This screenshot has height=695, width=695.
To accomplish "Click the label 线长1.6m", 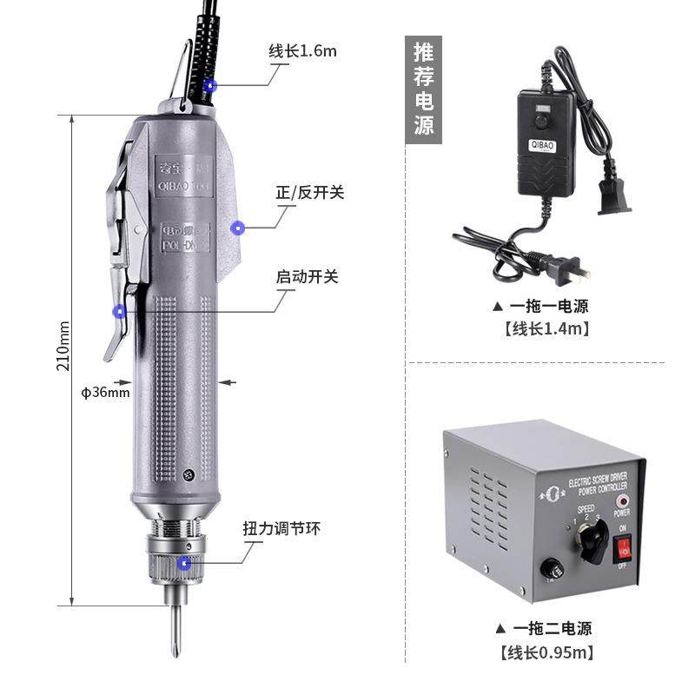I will click(x=301, y=50).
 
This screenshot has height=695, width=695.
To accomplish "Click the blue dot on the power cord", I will click(x=209, y=85).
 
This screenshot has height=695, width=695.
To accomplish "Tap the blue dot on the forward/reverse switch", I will click(x=237, y=228).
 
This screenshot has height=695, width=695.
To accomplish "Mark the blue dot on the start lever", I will click(x=120, y=310).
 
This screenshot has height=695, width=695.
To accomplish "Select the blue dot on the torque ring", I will click(x=184, y=563).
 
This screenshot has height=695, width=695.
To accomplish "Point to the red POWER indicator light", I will click(x=621, y=502).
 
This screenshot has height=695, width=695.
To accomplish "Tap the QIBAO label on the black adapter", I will click(x=541, y=145).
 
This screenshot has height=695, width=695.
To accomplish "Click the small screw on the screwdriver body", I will click(x=189, y=473).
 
